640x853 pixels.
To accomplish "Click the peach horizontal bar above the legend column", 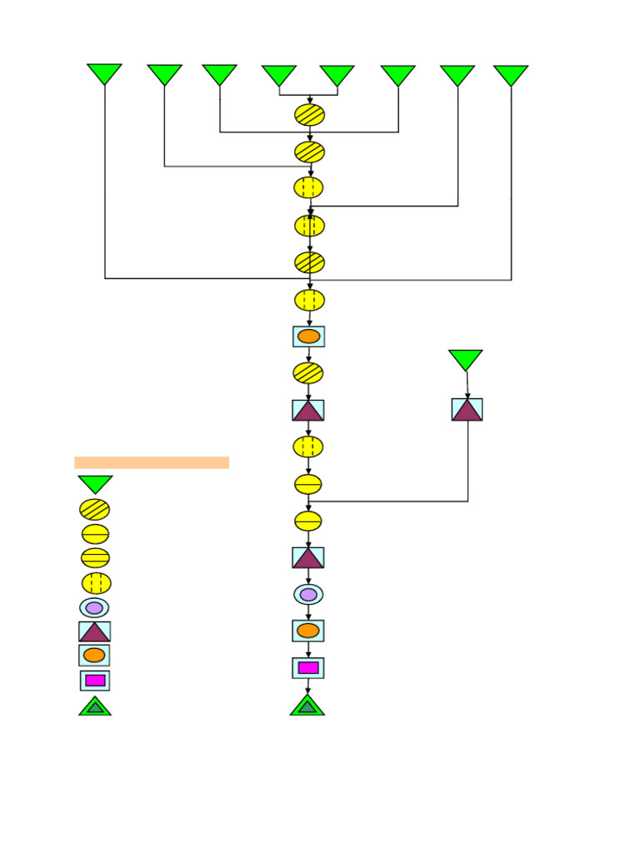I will coord(152,462).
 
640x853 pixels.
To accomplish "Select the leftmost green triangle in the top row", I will coord(104,72).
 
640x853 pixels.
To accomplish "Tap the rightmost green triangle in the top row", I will coord(511,74).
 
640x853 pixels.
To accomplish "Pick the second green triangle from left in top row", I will coord(164,73).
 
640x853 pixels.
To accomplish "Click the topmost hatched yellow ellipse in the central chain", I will coord(309,115).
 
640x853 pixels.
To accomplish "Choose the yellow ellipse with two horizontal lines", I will coord(95,558).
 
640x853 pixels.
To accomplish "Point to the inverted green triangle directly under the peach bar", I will coord(95,483).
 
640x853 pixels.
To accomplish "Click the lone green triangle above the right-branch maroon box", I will coord(465,359).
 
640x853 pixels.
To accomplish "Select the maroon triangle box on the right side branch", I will coord(467,409).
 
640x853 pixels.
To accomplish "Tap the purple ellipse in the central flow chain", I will coord(308,595).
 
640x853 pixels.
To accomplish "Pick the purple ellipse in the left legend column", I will coord(94,608).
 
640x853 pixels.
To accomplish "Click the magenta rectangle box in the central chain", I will coord(308,668).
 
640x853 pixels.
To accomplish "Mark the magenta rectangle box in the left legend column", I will coord(95,681).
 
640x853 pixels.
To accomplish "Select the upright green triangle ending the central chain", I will coord(307,706).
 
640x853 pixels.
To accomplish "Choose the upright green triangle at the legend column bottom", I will coord(95,706).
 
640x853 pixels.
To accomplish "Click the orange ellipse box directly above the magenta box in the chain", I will coord(308,631).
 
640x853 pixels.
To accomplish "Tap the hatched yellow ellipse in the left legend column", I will coord(94,509).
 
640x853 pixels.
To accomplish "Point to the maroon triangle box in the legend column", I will coord(94,631).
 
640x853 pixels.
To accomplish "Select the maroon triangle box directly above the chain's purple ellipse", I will coord(308,557).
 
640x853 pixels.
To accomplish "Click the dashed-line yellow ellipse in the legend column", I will coord(96,583).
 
